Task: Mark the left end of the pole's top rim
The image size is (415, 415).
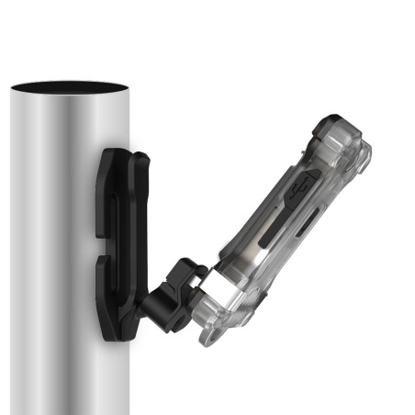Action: pos(13,88)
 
